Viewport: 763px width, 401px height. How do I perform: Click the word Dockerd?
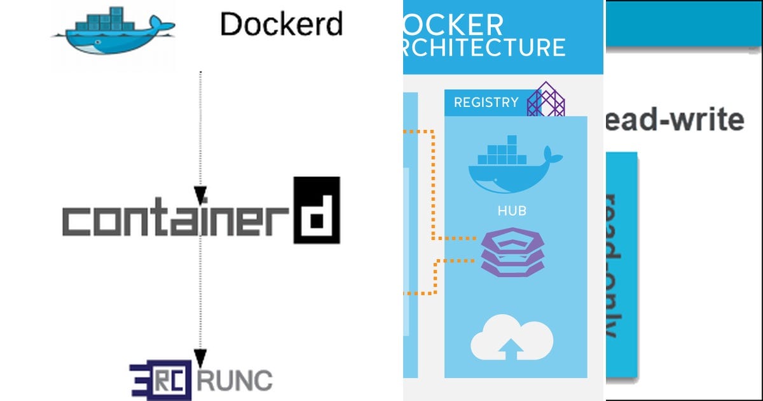tap(281, 24)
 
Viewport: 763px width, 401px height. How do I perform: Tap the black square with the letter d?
tap(316, 210)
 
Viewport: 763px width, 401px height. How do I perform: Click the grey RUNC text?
tap(235, 381)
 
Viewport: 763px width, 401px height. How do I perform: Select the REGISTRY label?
tap(486, 102)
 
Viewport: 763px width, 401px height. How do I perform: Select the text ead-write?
tap(675, 120)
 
